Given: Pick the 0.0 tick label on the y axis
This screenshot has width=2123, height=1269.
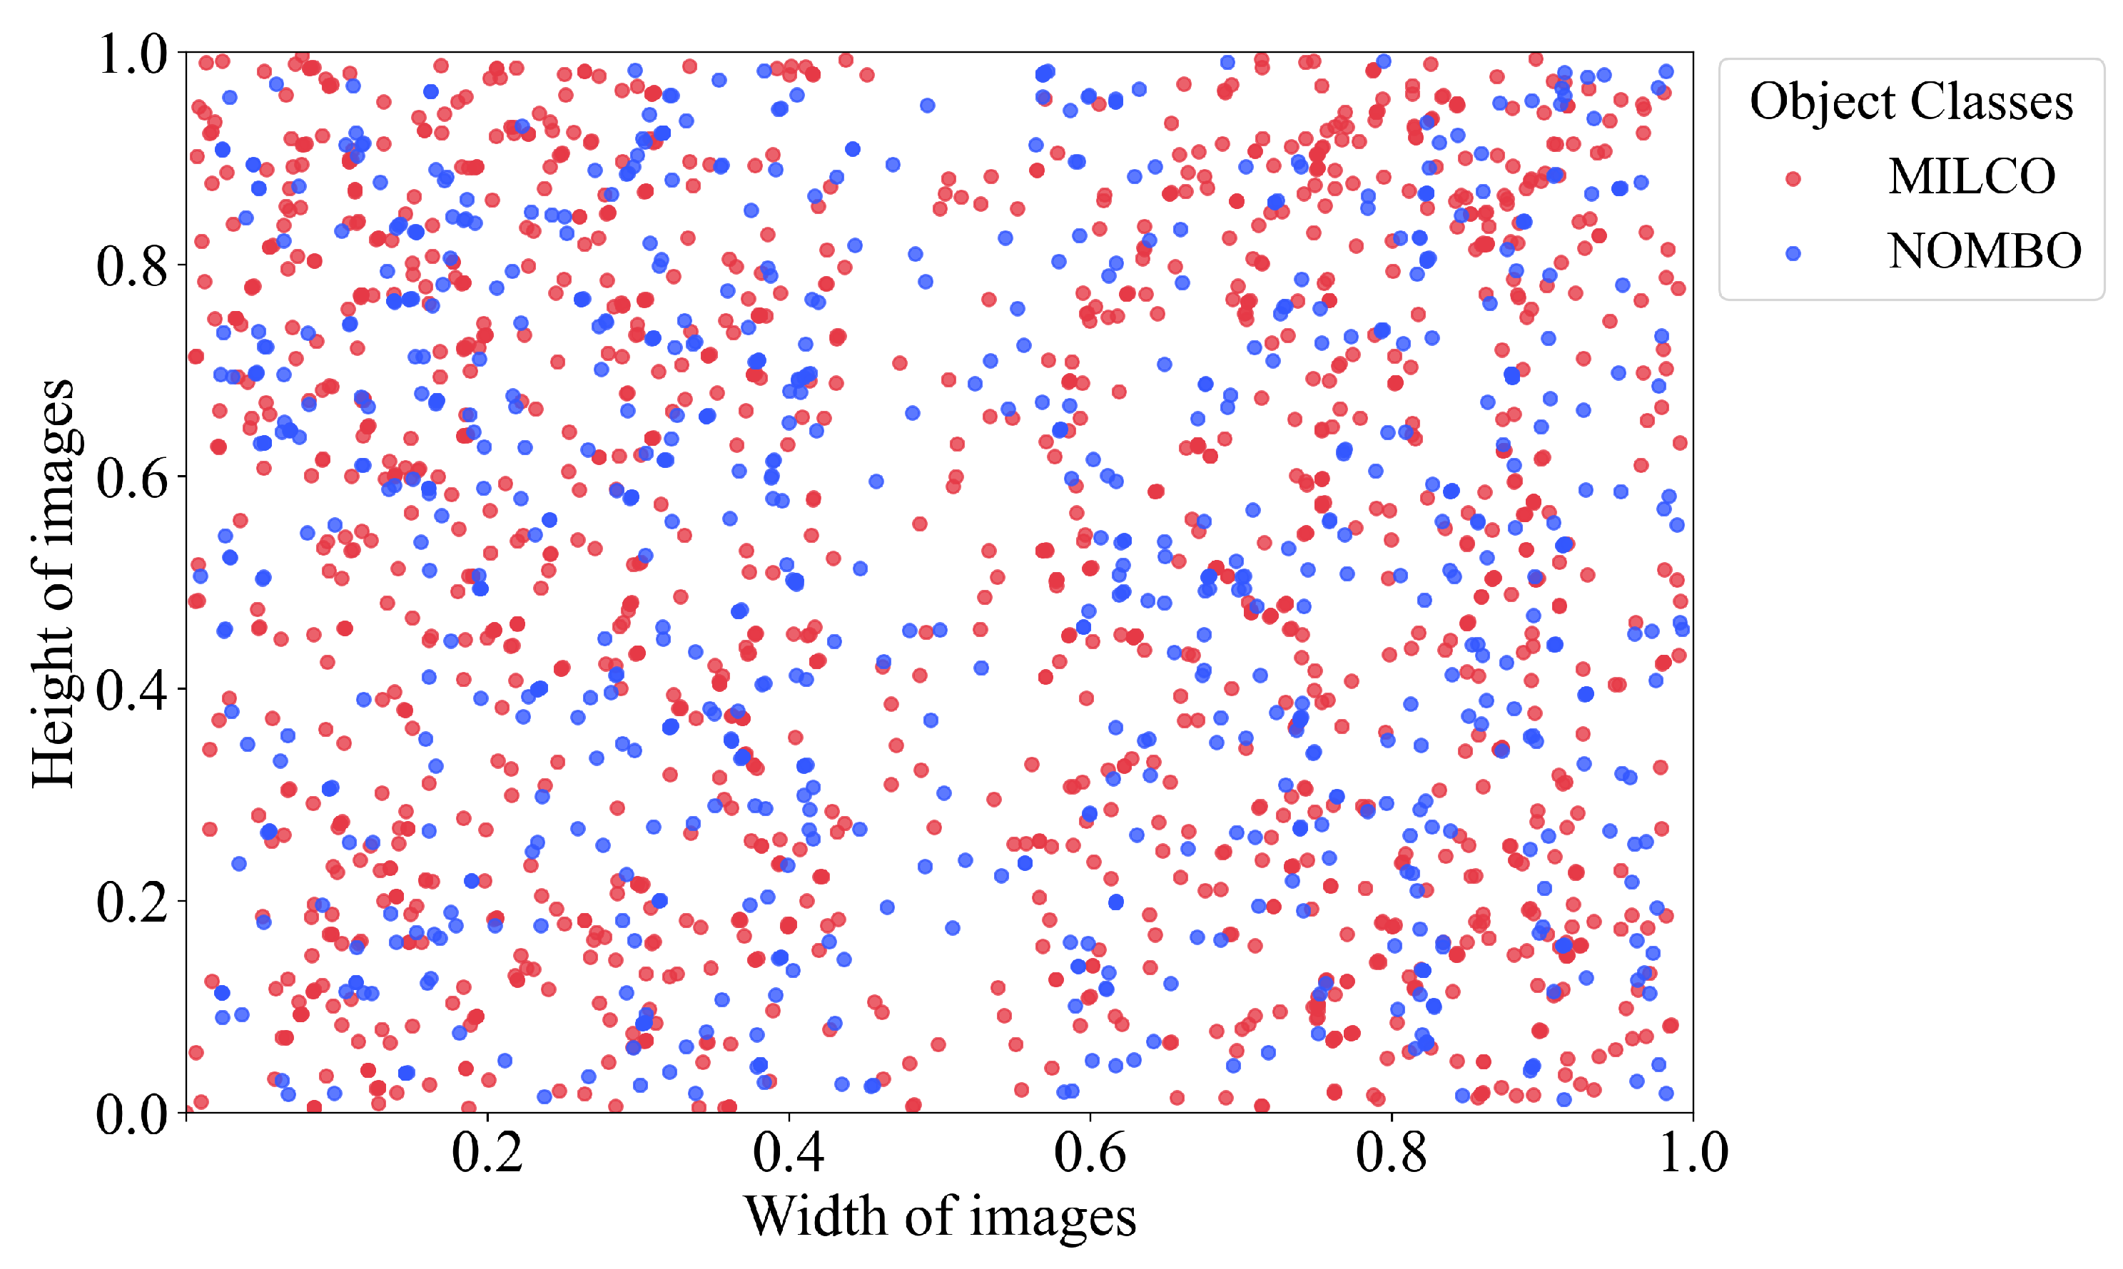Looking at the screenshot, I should (132, 1113).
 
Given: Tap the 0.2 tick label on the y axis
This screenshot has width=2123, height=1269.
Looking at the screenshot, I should (132, 902).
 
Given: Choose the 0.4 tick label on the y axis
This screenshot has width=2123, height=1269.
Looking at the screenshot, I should (132, 689).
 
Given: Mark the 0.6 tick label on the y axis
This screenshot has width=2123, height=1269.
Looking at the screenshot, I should (132, 477).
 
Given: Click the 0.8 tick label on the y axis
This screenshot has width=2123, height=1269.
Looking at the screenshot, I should (132, 265).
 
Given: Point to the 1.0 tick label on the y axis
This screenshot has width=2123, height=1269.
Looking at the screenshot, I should (132, 54).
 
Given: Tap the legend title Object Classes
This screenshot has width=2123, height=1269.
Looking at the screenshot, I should (1911, 102).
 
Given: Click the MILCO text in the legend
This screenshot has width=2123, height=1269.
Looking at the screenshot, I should (1971, 177).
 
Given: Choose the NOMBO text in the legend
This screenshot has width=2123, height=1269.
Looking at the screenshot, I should (1985, 251).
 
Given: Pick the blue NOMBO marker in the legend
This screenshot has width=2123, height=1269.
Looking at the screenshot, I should (1793, 253).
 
